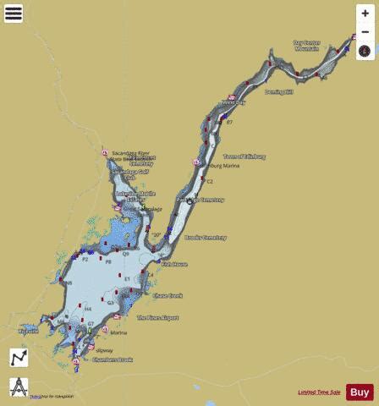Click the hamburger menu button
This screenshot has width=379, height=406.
tap(14, 14)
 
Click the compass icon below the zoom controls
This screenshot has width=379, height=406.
tap(365, 51)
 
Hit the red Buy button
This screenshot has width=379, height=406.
tap(360, 392)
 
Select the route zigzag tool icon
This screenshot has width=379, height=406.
tap(19, 358)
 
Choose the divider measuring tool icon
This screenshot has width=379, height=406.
tap(19, 387)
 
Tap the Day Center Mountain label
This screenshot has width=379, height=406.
tap(306, 45)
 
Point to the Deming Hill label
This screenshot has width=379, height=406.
tap(277, 91)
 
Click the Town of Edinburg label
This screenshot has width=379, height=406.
tap(244, 156)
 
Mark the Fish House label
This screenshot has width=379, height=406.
tap(174, 264)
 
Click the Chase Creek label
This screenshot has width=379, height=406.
tap(167, 295)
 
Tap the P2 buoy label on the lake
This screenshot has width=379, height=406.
tap(85, 259)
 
